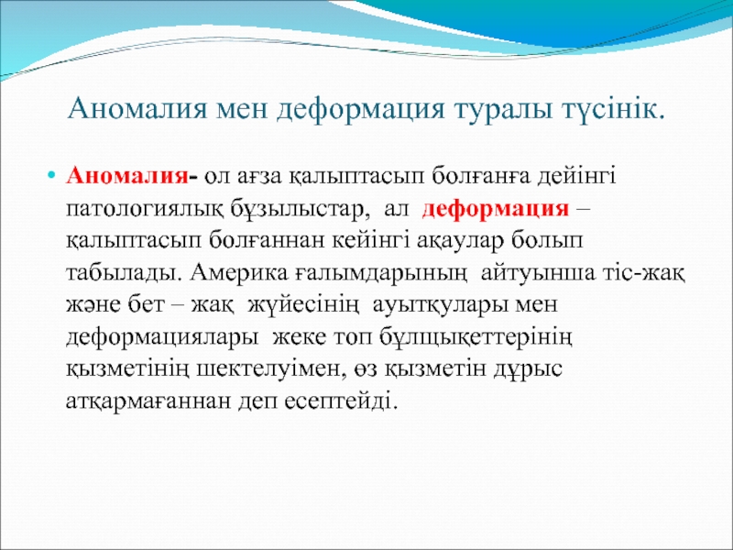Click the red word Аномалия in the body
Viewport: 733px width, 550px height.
(x=127, y=176)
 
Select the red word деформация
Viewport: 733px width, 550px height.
(x=496, y=209)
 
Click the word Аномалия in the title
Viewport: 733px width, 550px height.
(x=137, y=109)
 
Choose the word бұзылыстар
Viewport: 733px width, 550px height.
(x=296, y=210)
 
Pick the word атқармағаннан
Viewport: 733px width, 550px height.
(x=148, y=401)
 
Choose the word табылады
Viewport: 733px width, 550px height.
(x=124, y=273)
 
